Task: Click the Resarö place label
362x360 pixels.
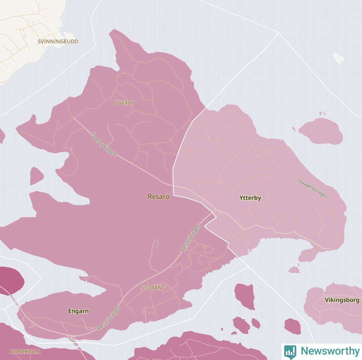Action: (x=158, y=197)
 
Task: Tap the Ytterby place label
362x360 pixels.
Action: (x=250, y=198)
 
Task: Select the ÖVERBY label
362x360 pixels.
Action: (x=124, y=103)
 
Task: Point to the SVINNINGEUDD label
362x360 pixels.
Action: (x=58, y=41)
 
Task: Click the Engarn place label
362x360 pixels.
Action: (x=78, y=311)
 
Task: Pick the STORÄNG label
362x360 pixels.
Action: (x=153, y=288)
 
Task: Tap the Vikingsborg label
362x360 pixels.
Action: (x=342, y=300)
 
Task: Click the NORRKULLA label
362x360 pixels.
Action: (x=25, y=352)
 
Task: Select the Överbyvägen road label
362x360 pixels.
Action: (x=103, y=144)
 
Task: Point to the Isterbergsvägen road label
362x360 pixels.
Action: (x=313, y=188)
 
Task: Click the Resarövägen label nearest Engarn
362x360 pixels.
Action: (x=109, y=318)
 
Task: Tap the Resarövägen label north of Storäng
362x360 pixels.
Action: (x=190, y=238)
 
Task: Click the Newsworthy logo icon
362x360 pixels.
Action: (x=290, y=351)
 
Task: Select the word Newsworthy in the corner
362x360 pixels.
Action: (x=330, y=351)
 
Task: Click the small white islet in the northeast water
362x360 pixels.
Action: (x=339, y=58)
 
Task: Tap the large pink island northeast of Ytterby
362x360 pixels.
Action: (x=321, y=131)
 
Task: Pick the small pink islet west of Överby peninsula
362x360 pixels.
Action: (x=36, y=176)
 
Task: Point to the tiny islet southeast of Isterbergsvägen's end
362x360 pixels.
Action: (x=294, y=269)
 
